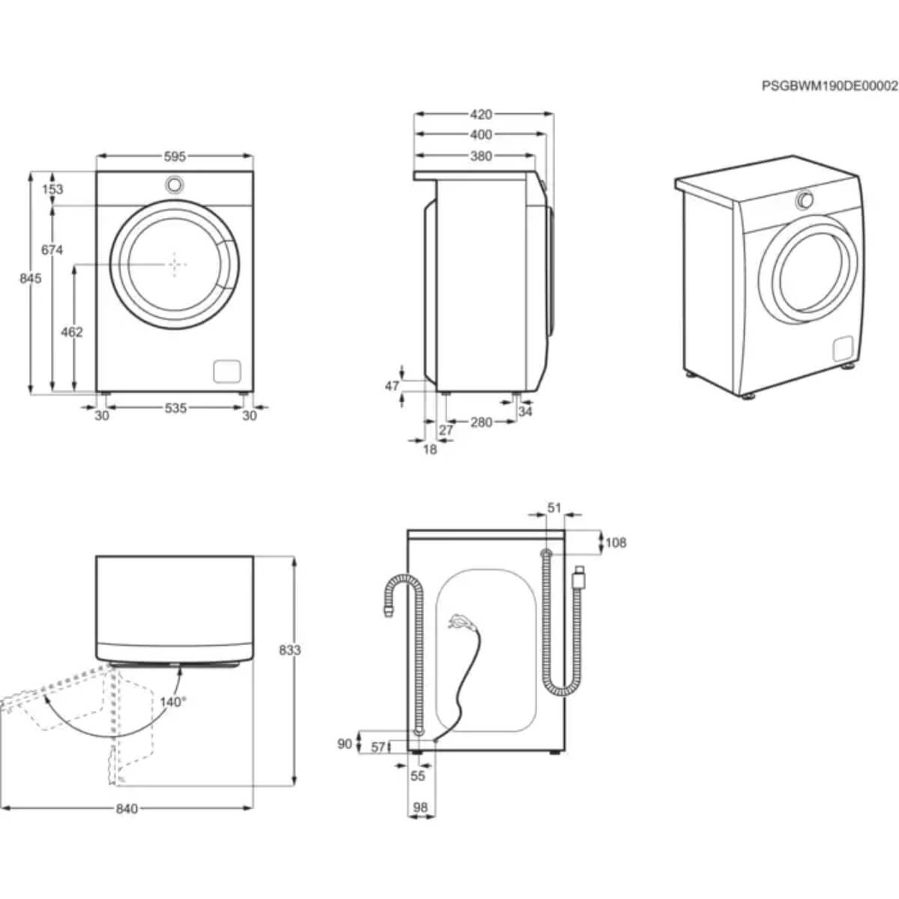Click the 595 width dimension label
point(175,157)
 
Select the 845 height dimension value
point(30,279)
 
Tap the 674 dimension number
point(52,250)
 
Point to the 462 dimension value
point(72,332)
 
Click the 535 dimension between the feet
point(175,408)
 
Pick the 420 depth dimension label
point(481,115)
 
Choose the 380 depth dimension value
point(481,157)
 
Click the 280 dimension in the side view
point(481,423)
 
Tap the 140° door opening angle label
point(172,702)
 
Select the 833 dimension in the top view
point(289,650)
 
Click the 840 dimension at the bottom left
point(127,809)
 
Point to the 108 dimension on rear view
point(615,542)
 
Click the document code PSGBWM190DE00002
point(829,86)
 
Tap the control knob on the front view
point(175,184)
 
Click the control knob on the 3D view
point(805,199)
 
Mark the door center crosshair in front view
point(175,264)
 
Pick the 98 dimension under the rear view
point(420,807)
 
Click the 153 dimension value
point(52,190)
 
